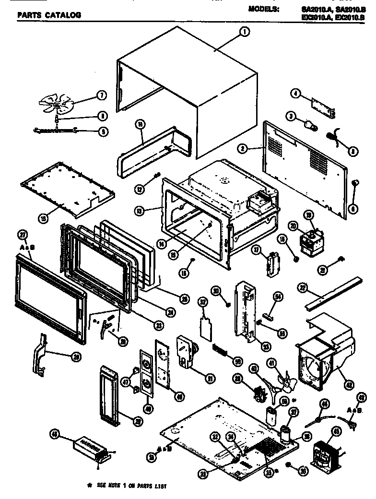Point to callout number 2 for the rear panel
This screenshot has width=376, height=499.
click(244, 149)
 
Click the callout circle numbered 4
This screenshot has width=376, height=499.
click(296, 95)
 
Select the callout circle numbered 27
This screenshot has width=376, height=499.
click(22, 235)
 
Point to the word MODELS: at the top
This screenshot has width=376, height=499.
click(264, 9)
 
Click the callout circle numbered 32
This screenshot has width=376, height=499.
click(203, 302)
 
